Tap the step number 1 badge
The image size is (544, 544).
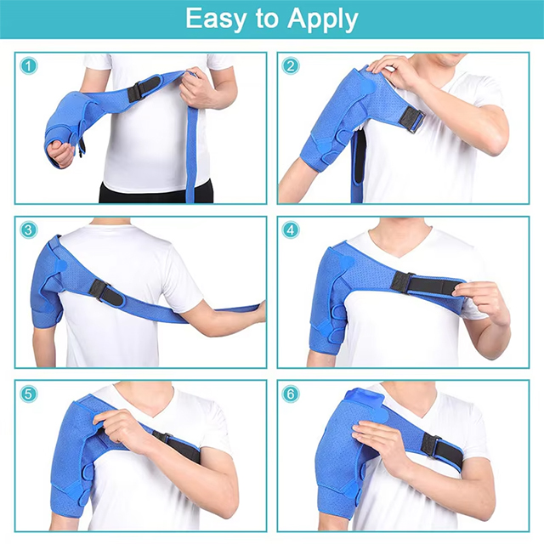(x=29, y=65)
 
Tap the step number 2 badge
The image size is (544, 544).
(x=292, y=65)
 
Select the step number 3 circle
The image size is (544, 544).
(x=29, y=230)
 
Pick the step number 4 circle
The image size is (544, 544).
(x=292, y=230)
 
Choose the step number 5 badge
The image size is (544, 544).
(x=29, y=394)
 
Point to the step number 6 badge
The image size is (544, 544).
(x=292, y=394)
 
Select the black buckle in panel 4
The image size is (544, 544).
(x=402, y=282)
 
